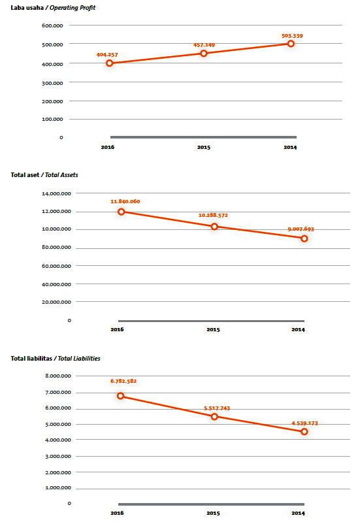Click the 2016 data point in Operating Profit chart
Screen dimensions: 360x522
pyautogui.click(x=110, y=63)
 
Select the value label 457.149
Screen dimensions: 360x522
pyautogui.click(x=204, y=45)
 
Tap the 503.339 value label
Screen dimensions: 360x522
pyautogui.click(x=292, y=36)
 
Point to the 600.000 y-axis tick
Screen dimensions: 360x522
pyautogui.click(x=52, y=25)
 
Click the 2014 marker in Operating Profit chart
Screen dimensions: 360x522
pyautogui.click(x=291, y=44)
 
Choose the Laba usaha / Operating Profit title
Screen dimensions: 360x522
pyautogui.click(x=53, y=8)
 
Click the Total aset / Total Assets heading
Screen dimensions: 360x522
pyautogui.click(x=44, y=175)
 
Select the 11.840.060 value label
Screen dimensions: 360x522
pyautogui.click(x=125, y=201)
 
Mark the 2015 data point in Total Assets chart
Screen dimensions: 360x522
pyautogui.click(x=214, y=227)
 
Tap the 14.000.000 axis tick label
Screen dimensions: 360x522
pyautogui.click(x=56, y=193)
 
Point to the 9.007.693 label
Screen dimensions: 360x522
pyautogui.click(x=301, y=229)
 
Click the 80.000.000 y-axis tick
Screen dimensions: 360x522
pyautogui.click(x=56, y=247)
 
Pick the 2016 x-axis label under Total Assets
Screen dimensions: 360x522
pyautogui.click(x=117, y=329)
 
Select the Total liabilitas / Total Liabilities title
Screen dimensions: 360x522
pyautogui.click(x=56, y=359)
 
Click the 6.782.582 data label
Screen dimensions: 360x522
pyautogui.click(x=123, y=381)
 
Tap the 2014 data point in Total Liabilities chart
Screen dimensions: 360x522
pyautogui.click(x=304, y=431)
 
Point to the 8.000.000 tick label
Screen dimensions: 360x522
pyautogui.click(x=58, y=376)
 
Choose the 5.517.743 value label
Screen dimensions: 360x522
pyautogui.click(x=217, y=408)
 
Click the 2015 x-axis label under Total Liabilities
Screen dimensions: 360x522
pyautogui.click(x=213, y=513)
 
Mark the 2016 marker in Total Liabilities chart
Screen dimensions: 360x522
pyautogui.click(x=121, y=396)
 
